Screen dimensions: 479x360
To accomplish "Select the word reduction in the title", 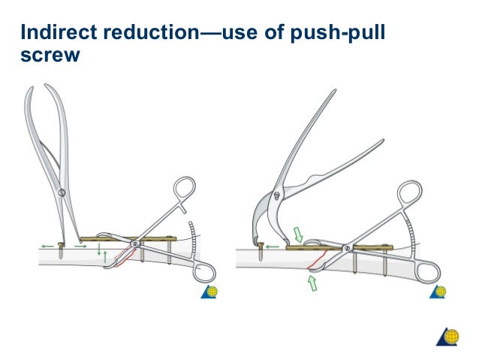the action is (x=146, y=32).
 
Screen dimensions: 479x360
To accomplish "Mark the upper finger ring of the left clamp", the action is (x=184, y=191).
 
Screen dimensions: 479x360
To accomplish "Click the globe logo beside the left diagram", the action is (x=209, y=292).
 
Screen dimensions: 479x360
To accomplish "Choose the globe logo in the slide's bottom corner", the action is (x=447, y=337).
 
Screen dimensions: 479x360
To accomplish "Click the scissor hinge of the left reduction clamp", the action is (x=136, y=243).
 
